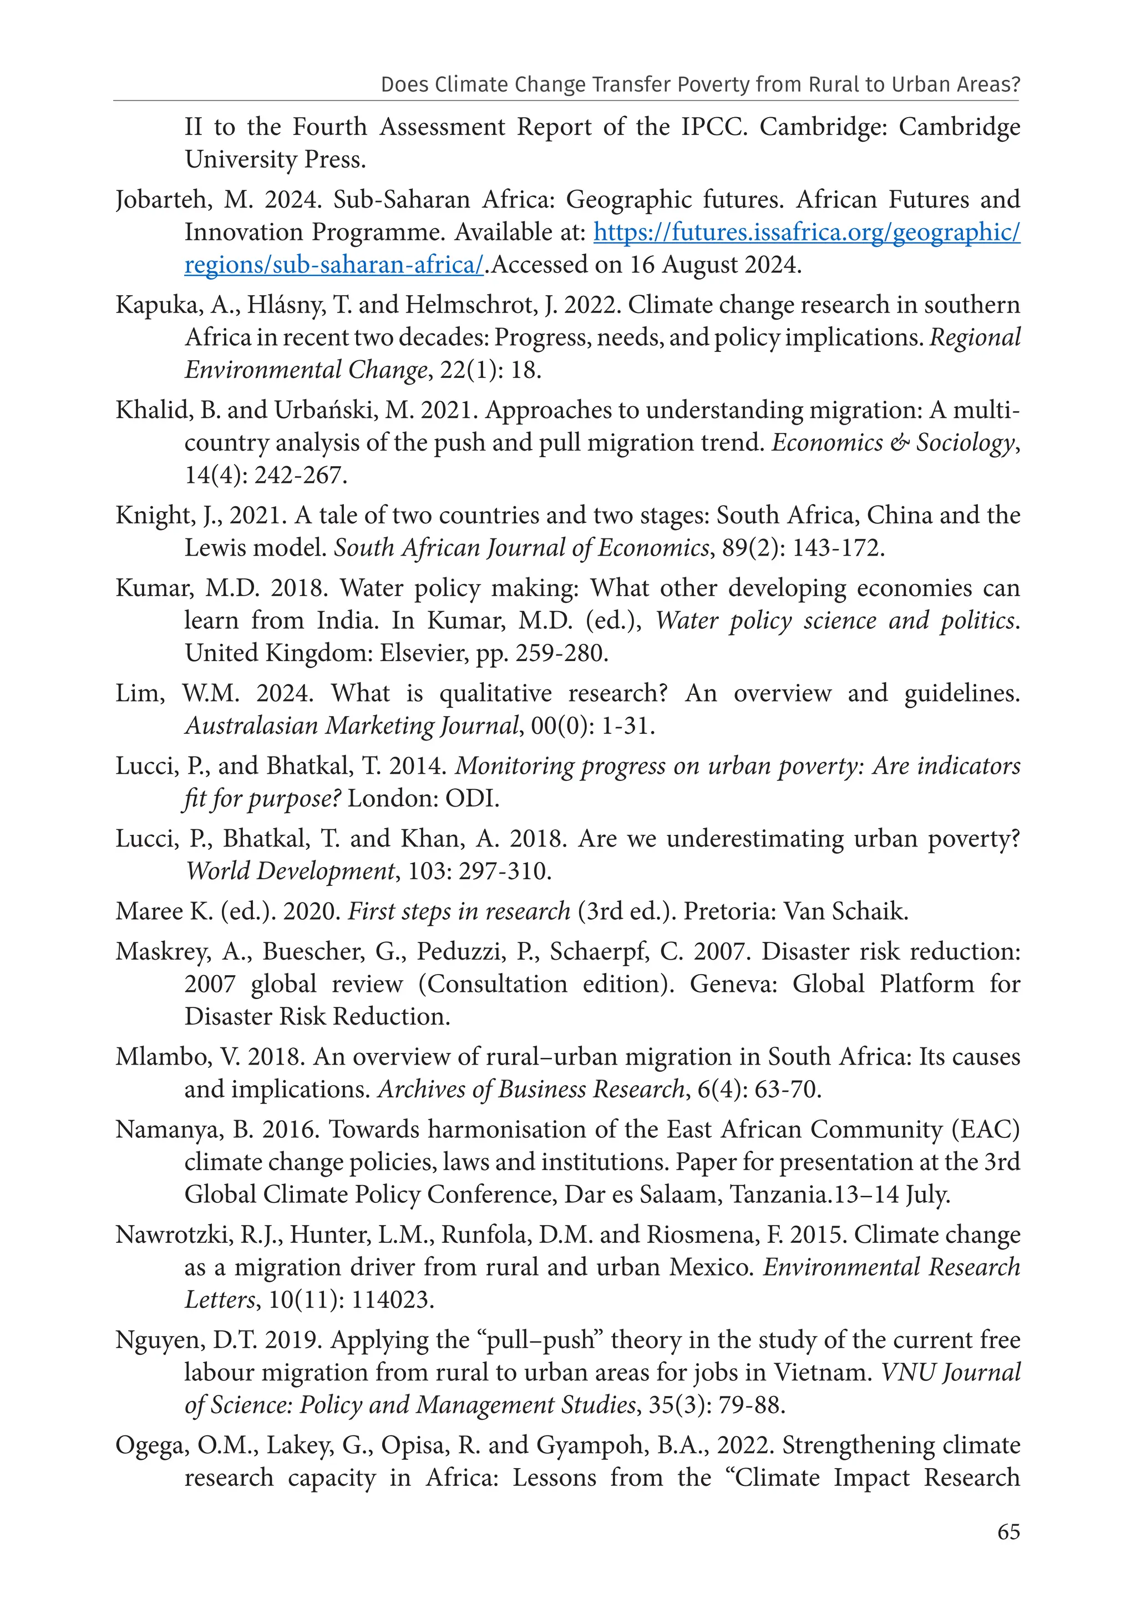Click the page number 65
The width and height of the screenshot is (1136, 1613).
pyautogui.click(x=1008, y=1531)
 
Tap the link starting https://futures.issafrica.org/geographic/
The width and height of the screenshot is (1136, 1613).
pyautogui.click(x=806, y=233)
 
